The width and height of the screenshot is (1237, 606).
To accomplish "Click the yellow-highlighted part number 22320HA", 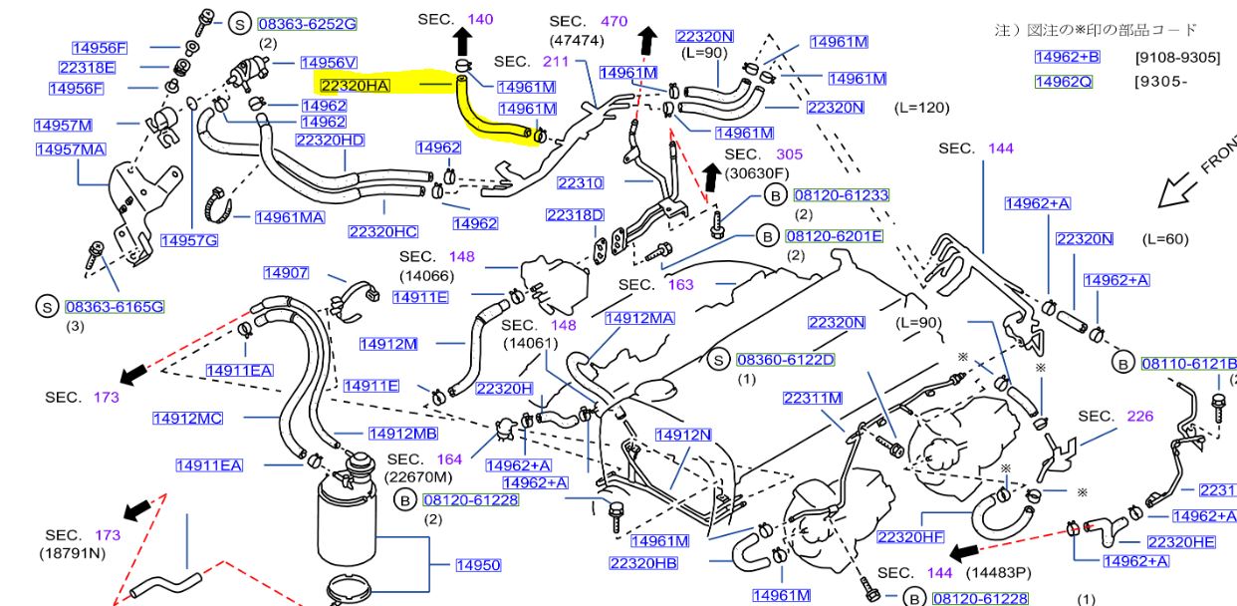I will click(355, 86).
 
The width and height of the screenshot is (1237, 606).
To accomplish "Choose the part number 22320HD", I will click(330, 140).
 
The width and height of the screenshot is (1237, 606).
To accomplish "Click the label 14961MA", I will click(289, 216).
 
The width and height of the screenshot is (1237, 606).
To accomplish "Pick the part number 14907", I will click(286, 273).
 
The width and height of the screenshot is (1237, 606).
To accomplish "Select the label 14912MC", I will click(187, 418).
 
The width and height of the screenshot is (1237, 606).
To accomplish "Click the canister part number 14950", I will click(478, 565).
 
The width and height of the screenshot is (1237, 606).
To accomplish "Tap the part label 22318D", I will click(575, 215).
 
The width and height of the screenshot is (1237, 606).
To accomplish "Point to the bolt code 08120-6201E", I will click(834, 236).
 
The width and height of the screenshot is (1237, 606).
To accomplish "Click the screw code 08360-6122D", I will click(785, 359).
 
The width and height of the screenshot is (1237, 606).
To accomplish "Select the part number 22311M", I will click(812, 399).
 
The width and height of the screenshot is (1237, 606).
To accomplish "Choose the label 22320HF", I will click(910, 537).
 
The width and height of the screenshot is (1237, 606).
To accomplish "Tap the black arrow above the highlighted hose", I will click(463, 43).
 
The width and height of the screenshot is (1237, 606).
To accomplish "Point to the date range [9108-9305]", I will click(1177, 58).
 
